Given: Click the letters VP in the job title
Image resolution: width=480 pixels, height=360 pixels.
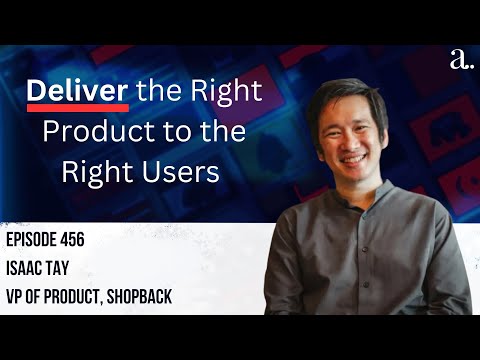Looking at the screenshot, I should (21, 295).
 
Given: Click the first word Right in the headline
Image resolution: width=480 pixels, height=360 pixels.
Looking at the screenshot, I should (221, 92).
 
